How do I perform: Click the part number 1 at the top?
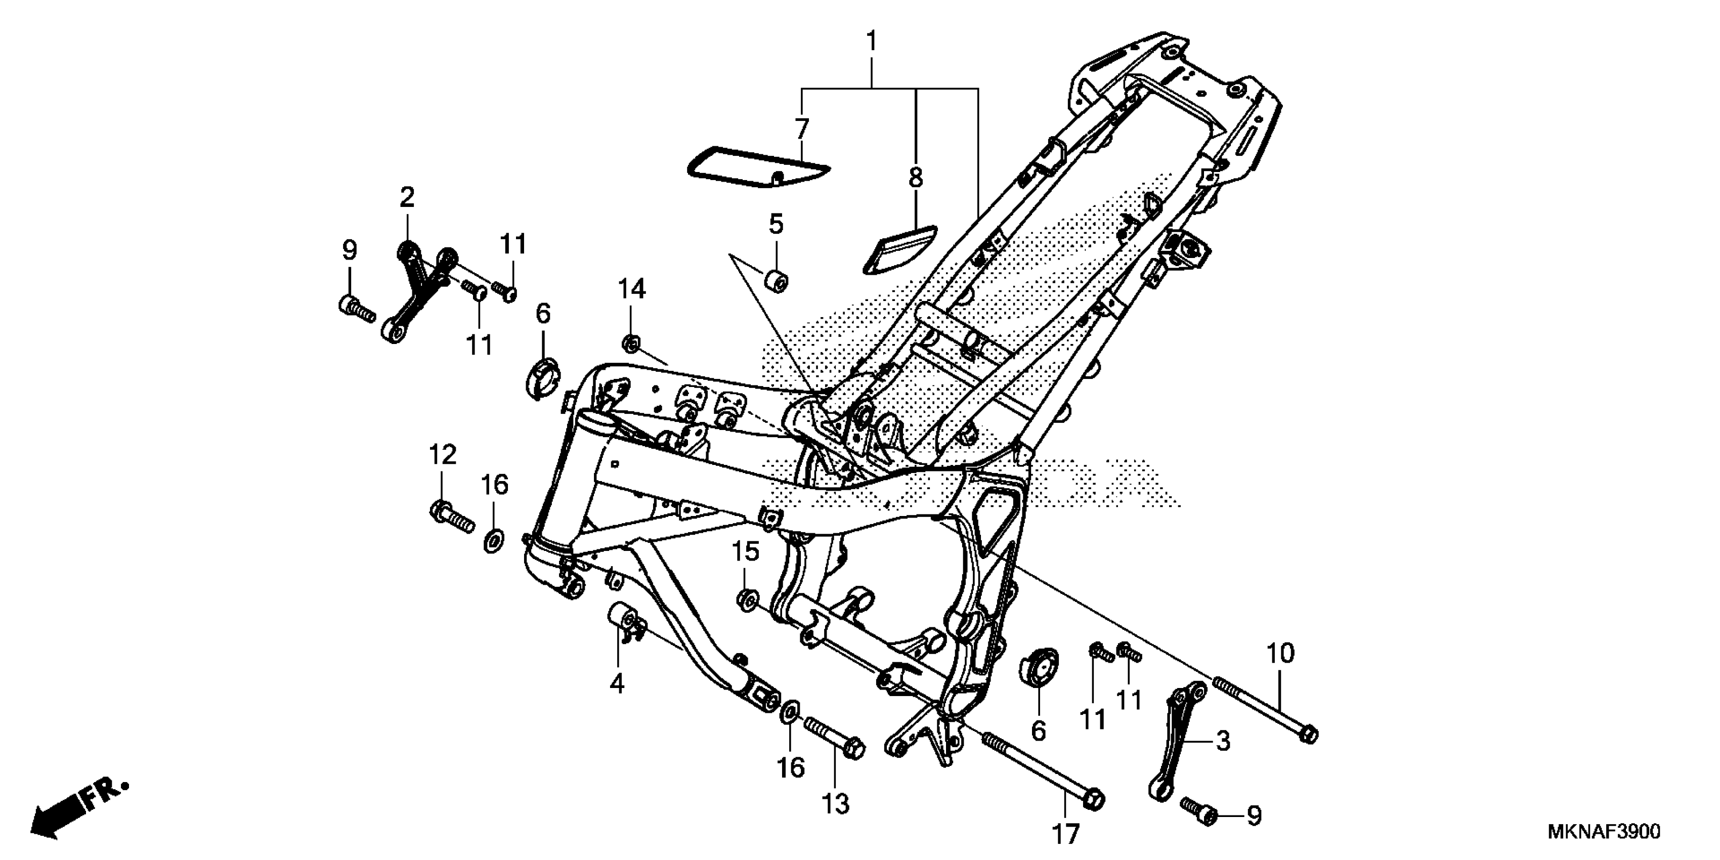click(871, 41)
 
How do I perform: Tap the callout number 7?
click(802, 128)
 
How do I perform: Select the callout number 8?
click(916, 178)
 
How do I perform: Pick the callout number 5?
click(775, 224)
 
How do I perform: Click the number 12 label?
click(442, 455)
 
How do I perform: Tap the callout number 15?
click(745, 552)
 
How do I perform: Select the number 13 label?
click(835, 804)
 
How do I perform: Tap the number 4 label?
click(617, 684)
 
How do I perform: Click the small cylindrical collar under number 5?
click(776, 280)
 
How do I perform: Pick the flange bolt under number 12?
click(451, 518)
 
